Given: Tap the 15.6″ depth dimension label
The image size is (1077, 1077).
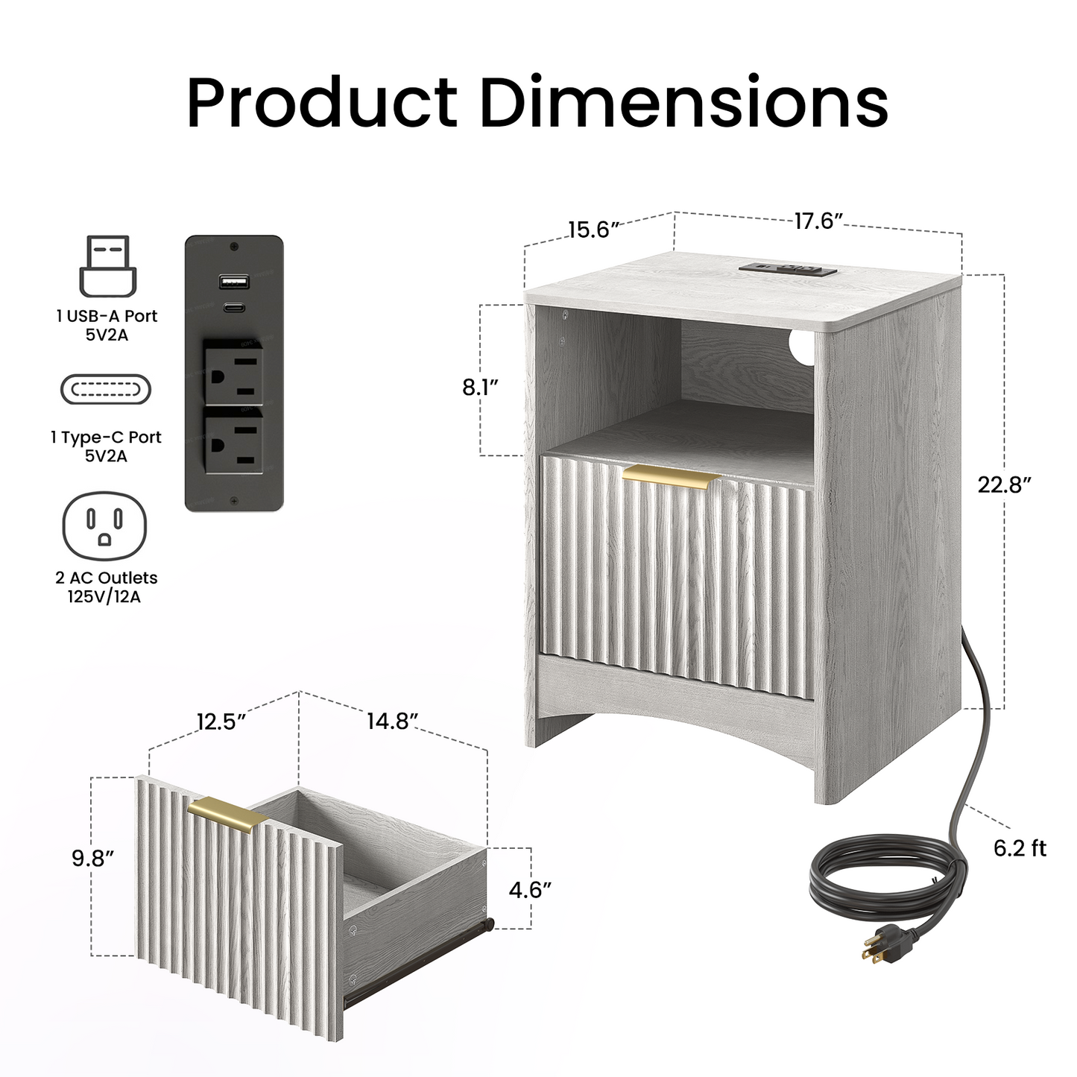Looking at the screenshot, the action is coord(594,230).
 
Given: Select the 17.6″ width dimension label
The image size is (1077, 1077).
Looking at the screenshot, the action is coord(818,221).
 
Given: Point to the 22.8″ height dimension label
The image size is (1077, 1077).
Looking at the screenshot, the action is coord(1005,484).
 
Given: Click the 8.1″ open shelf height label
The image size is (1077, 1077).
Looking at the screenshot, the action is coord(480,388).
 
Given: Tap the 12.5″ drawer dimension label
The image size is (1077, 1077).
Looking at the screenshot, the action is coord(221,722).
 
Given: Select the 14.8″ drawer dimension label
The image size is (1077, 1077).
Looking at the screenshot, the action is coord(392,721).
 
